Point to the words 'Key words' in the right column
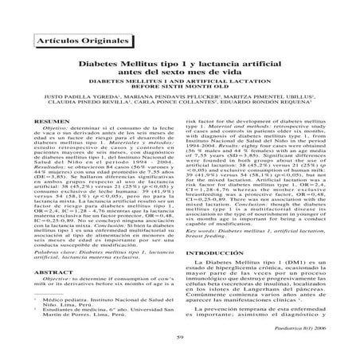pos(202,228)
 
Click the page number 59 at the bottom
pos(179,341)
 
